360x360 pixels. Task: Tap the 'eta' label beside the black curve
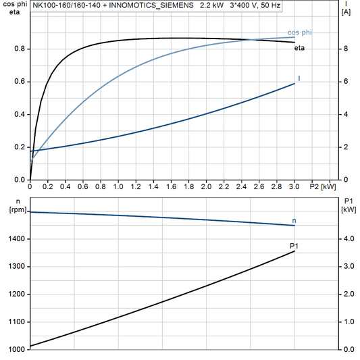[x=298, y=47]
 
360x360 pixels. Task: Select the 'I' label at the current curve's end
[x=299, y=79]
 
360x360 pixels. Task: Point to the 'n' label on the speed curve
[x=294, y=221]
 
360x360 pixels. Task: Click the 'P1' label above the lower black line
[x=294, y=245]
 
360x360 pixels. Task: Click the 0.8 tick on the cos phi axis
[x=20, y=49]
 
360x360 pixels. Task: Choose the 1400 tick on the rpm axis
[x=16, y=239]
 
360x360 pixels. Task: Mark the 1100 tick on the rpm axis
[x=16, y=322]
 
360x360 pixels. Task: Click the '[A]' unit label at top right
[x=346, y=12]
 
